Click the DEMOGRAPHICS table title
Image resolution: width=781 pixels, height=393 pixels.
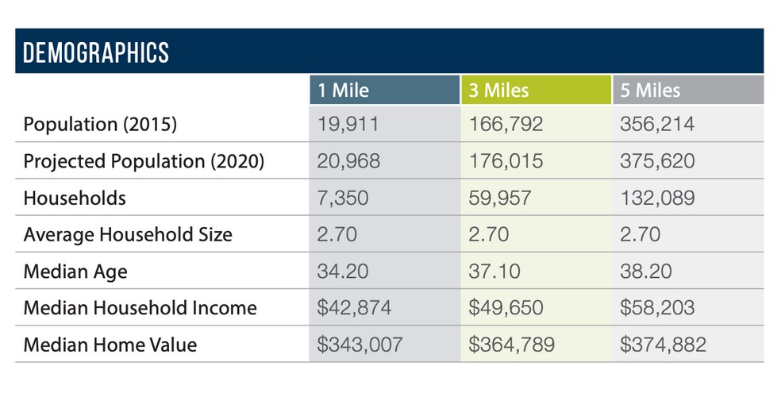(96, 52)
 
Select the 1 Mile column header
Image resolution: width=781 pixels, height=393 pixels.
(344, 90)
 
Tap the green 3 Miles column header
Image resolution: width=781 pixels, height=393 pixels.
(498, 90)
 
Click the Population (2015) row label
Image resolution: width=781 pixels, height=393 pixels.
(100, 125)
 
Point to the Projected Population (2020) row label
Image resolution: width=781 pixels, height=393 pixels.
(144, 161)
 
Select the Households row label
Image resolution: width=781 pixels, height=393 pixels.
(75, 198)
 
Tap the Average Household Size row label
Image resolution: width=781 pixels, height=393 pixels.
(128, 234)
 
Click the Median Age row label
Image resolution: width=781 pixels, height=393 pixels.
(75, 272)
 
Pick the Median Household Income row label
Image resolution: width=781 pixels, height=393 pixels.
(140, 308)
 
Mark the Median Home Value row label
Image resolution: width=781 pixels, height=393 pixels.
(110, 345)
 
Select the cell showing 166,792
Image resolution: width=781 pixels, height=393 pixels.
(506, 125)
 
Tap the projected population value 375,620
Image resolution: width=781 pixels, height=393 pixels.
(656, 161)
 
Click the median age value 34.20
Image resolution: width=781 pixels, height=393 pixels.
(342, 272)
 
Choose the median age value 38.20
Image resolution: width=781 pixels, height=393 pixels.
(645, 272)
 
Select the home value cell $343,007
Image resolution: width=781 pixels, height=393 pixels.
(360, 345)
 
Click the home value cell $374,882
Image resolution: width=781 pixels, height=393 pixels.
(663, 345)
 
